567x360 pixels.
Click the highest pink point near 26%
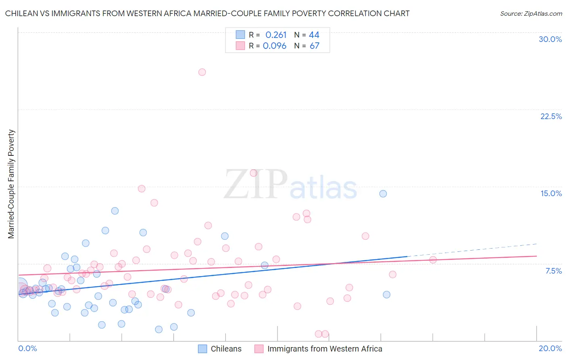(x=202, y=72)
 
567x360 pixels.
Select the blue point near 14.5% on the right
(x=383, y=194)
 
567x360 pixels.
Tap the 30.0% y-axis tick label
(x=550, y=39)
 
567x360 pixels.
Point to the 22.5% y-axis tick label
(x=551, y=116)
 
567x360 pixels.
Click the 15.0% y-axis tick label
(x=551, y=193)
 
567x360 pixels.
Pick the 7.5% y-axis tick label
(x=553, y=271)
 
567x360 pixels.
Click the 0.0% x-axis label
(x=27, y=348)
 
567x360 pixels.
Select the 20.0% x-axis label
(x=550, y=348)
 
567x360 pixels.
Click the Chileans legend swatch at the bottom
(x=202, y=349)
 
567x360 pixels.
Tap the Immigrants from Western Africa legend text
(x=325, y=349)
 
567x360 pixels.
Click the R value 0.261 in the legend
(x=276, y=35)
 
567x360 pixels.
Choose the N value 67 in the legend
(x=315, y=46)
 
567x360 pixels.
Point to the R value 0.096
(x=275, y=46)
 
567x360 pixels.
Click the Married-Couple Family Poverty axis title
(x=11, y=184)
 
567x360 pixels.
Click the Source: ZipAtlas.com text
(x=531, y=14)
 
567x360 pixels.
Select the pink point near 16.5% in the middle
(x=254, y=173)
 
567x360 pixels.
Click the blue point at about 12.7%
(x=115, y=211)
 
